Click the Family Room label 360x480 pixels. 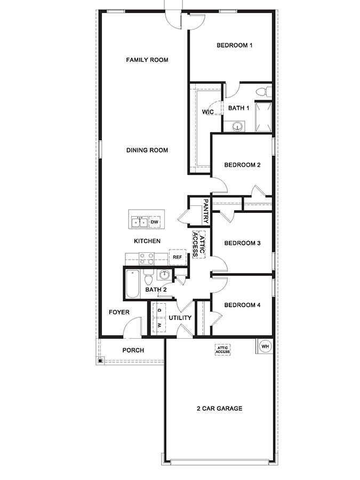[147, 60]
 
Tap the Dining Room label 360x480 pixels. [147, 150]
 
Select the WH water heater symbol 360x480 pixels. [265, 347]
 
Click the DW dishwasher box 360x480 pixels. [155, 221]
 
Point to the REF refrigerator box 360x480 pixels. [177, 257]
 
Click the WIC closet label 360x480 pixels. [208, 112]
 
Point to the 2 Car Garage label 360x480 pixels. [219, 409]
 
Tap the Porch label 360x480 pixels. [133, 350]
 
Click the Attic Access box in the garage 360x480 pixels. [222, 350]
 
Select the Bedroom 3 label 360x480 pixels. [242, 243]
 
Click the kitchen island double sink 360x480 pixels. [140, 221]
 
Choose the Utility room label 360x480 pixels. [180, 318]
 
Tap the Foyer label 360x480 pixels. [119, 312]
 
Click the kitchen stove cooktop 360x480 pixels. [146, 259]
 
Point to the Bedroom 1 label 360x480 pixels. [234, 45]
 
